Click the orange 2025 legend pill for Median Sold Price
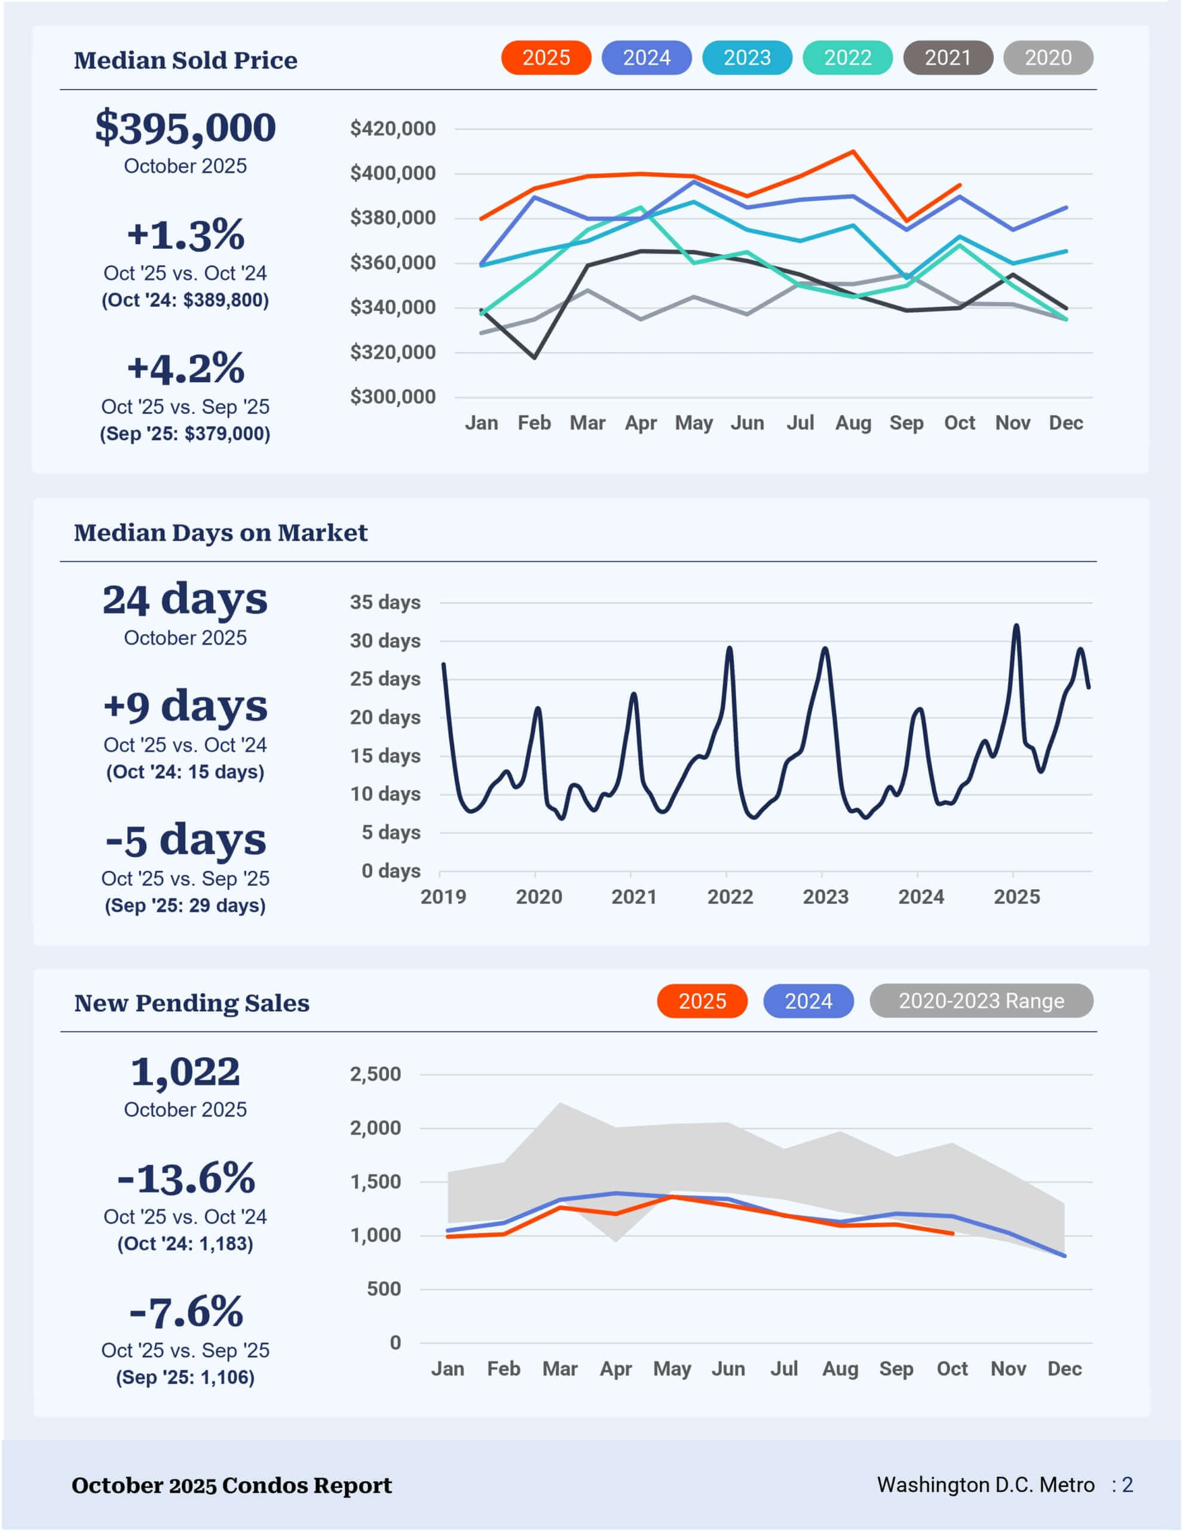point(546,57)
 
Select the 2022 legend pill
point(847,57)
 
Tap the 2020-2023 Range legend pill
point(981,1001)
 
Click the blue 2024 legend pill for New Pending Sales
point(808,1001)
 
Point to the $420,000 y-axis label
point(393,129)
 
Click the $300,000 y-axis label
point(393,397)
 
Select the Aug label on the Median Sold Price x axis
point(853,423)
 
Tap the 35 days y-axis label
point(385,602)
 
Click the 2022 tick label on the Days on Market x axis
point(730,896)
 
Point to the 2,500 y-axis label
point(375,1074)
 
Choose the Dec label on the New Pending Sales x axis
point(1064,1368)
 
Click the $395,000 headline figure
point(186,127)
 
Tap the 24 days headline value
point(185,599)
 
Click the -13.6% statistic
point(186,1178)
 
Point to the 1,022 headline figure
point(186,1072)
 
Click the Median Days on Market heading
point(221,533)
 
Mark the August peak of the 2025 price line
point(853,151)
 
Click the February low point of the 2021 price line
point(535,358)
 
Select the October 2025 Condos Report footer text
point(232,1486)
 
